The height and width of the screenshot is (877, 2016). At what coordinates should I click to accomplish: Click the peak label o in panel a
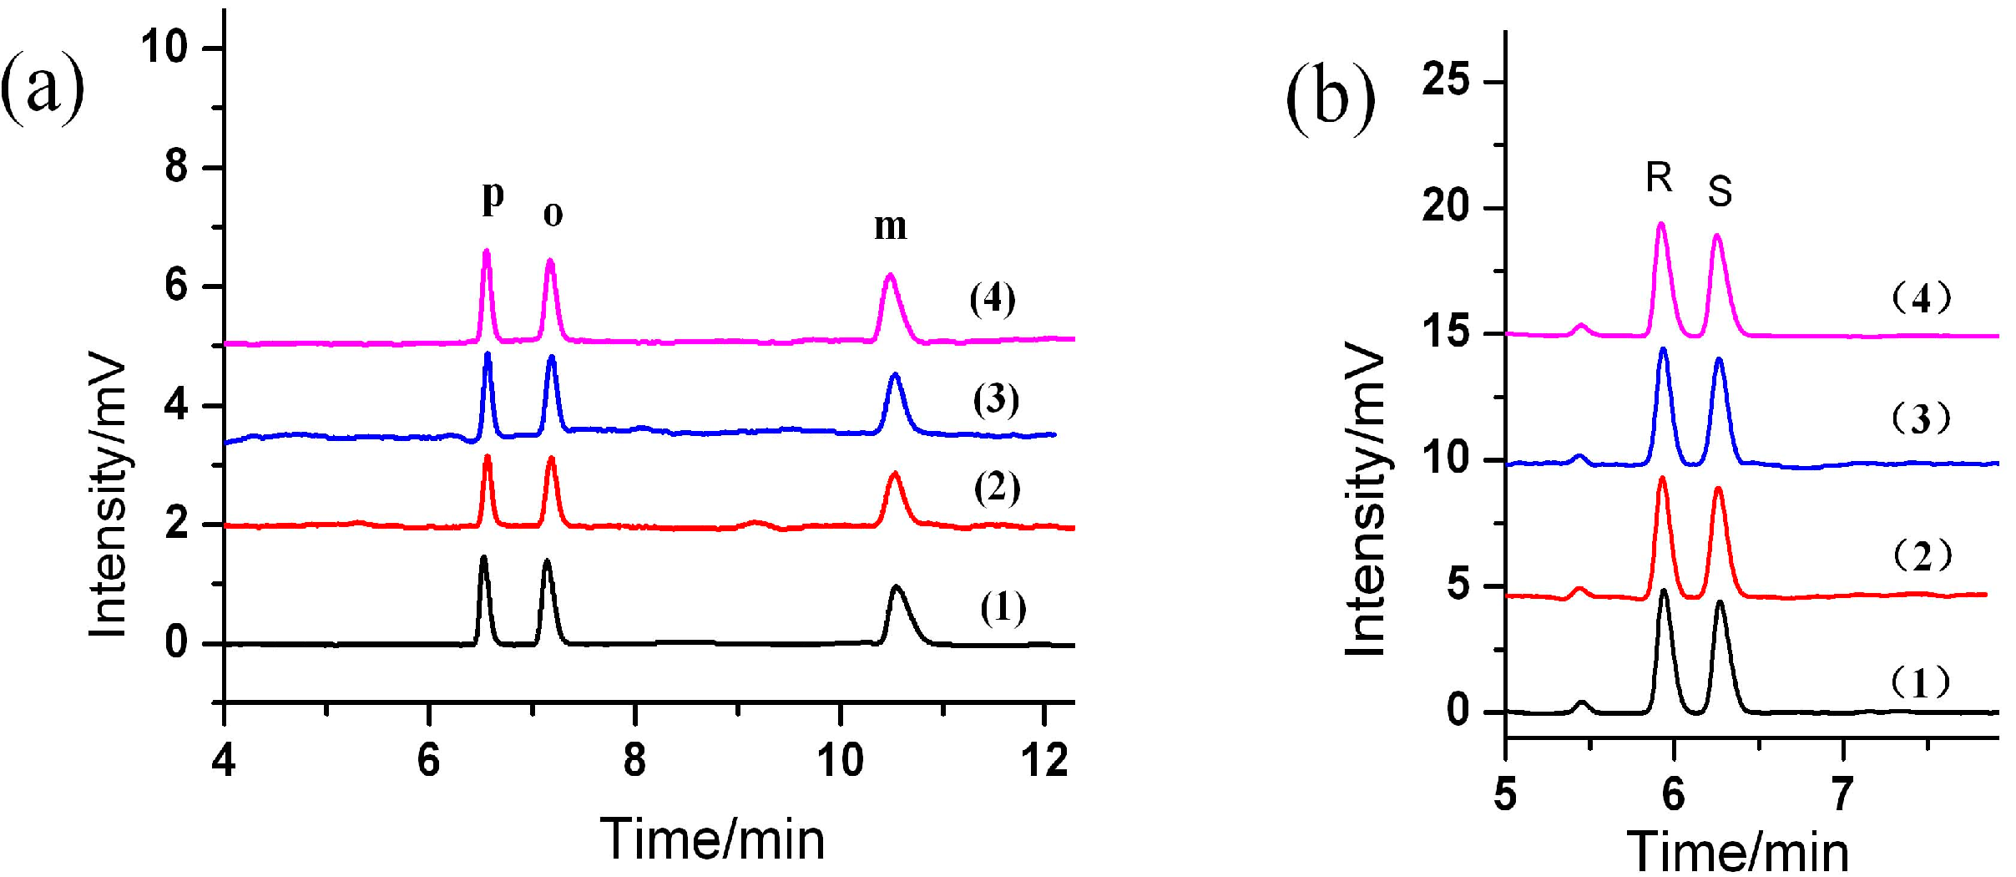coord(553,215)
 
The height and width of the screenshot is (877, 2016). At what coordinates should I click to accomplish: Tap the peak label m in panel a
coord(890,226)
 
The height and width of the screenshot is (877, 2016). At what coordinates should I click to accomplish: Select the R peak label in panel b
coord(1659,177)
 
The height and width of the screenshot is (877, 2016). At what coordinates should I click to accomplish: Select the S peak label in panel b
coord(1720,191)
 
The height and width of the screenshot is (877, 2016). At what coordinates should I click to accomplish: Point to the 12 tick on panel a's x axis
coord(1043,761)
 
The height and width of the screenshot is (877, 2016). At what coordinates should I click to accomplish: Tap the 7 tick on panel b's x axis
coord(1842,793)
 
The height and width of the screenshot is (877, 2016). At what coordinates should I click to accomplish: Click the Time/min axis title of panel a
coord(712,839)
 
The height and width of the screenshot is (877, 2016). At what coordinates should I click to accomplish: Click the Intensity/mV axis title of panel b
coord(1367,499)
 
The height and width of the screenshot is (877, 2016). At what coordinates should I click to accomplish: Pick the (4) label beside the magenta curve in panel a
coord(993,299)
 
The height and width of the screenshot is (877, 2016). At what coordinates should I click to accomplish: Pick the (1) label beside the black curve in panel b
coord(1920,683)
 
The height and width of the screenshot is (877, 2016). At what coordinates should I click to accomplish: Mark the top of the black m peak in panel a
coord(897,586)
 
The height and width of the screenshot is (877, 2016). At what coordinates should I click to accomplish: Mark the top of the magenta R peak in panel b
coord(1660,224)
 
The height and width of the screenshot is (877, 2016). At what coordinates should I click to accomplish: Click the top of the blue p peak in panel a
coord(488,354)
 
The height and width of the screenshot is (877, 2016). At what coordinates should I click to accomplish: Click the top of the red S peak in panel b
coord(1718,489)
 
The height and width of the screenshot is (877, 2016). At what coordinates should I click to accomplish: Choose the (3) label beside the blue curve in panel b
coord(1921,418)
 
